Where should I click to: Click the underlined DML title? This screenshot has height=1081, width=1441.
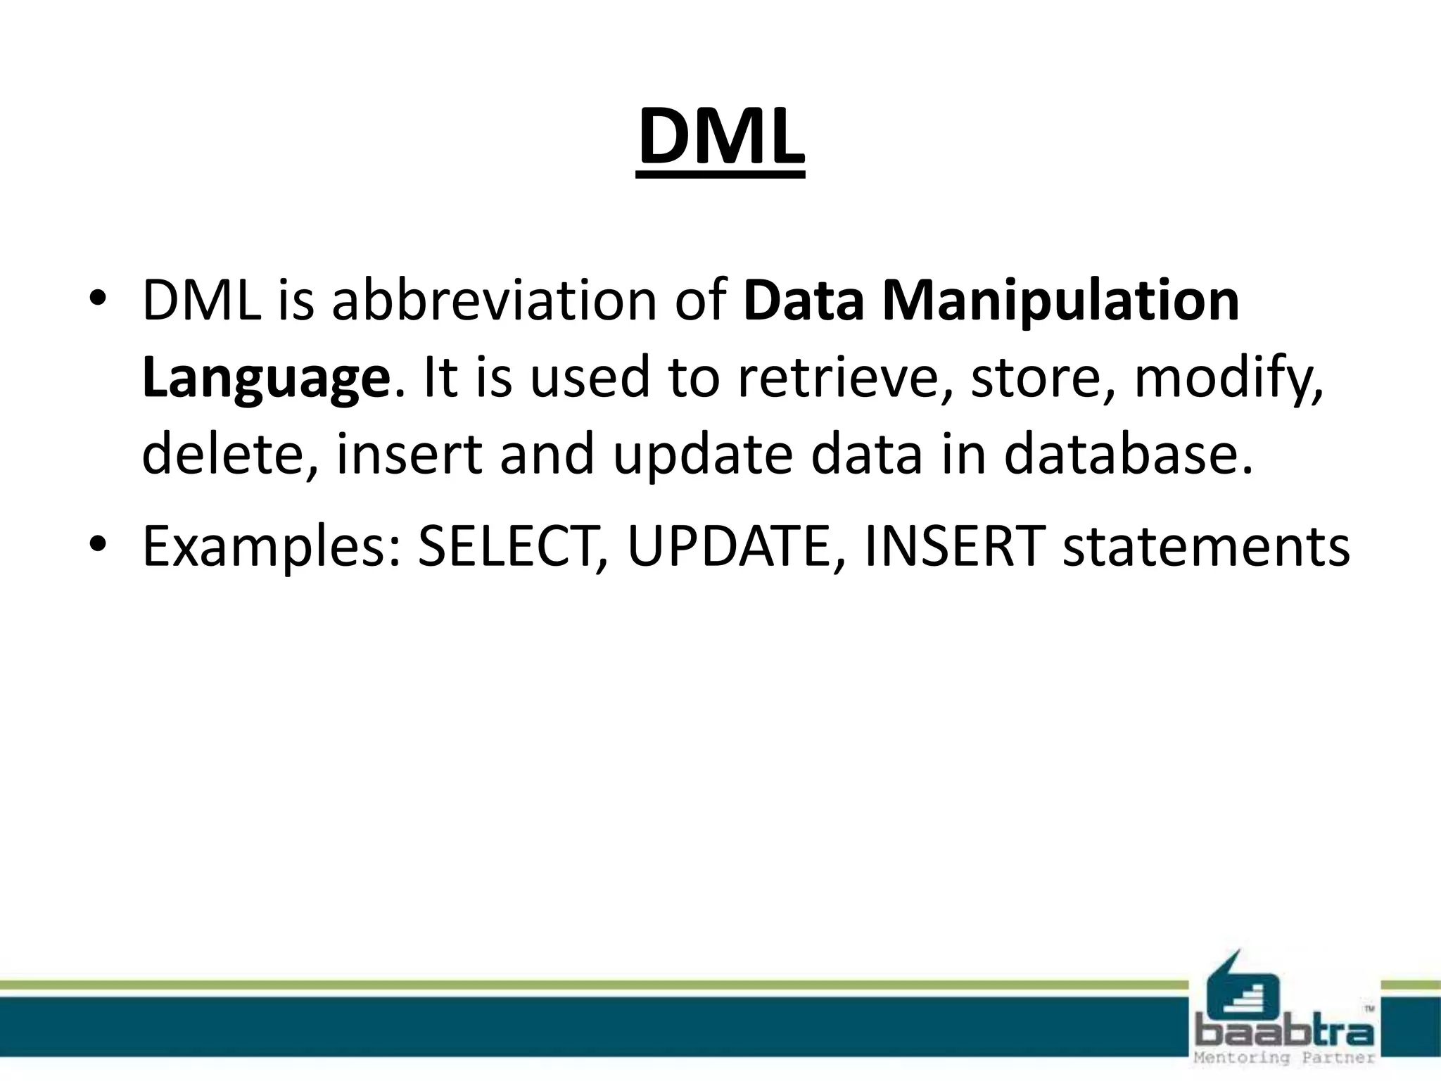[x=720, y=137]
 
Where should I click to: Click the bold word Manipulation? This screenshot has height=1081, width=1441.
[x=1060, y=301]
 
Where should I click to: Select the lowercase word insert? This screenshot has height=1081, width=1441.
[x=410, y=455]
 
